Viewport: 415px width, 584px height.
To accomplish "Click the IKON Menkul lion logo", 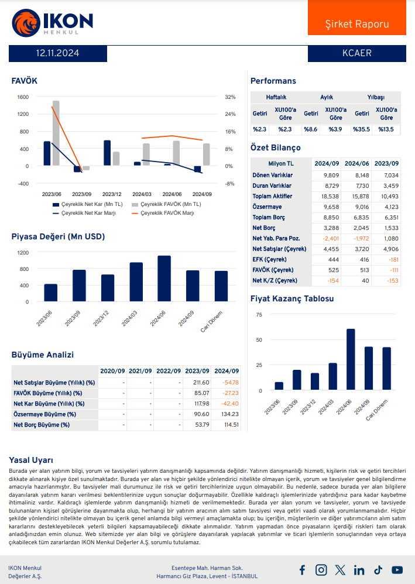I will [25, 22].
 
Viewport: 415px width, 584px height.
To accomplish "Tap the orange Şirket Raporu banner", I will [357, 24].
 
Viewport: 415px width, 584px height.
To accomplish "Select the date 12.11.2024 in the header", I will [57, 53].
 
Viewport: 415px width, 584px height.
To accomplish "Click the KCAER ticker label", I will [357, 53].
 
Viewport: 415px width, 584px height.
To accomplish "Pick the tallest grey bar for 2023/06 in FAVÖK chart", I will [56, 133].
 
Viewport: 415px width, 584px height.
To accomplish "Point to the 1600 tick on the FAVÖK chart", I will [23, 97].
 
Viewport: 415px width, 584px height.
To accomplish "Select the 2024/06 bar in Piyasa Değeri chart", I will [164, 279].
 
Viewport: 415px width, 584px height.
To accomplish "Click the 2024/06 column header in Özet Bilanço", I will [356, 164].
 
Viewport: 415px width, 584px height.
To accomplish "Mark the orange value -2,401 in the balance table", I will [330, 239].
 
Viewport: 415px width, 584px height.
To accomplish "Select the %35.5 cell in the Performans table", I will [361, 129].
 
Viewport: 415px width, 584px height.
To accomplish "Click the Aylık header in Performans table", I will [327, 97].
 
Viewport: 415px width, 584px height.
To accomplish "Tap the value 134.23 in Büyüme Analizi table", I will [229, 414].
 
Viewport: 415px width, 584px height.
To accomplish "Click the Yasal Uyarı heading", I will [31, 459].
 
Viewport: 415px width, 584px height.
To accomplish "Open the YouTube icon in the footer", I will [397, 569].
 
